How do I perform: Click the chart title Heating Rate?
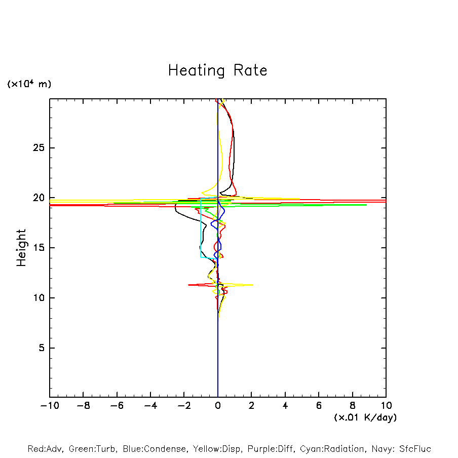[x=217, y=70]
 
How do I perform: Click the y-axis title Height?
[x=21, y=248]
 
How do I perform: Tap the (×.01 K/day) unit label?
[x=365, y=417]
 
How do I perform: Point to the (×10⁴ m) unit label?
[x=29, y=84]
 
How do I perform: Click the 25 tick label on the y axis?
[x=40, y=148]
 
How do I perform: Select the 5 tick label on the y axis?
[x=43, y=348]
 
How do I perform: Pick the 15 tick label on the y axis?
[x=40, y=248]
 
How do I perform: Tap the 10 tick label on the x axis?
[x=386, y=406]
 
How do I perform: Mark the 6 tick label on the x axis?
[x=319, y=406]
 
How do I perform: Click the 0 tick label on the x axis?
[x=218, y=406]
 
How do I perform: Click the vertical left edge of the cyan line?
[x=201, y=228]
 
